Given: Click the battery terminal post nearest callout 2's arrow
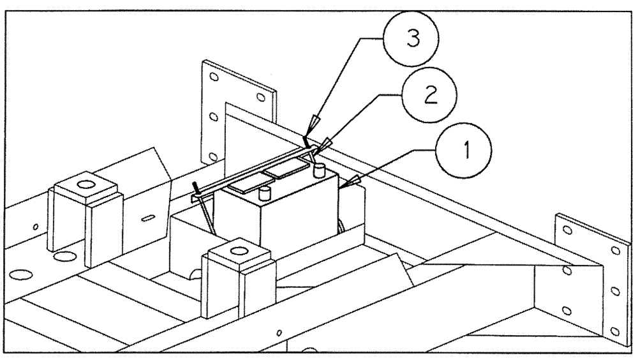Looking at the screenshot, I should (320, 170).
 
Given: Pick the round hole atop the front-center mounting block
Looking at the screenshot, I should (237, 248).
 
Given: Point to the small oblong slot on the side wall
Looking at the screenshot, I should (147, 219).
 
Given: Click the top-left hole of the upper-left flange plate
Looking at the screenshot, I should (214, 76).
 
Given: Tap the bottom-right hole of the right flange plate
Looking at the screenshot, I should (614, 331).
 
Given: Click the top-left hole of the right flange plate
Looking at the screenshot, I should (567, 229).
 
